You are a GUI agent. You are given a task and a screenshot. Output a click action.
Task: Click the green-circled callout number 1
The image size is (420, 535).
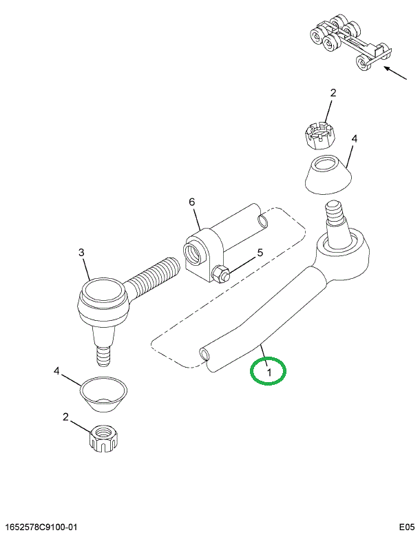tap(269, 373)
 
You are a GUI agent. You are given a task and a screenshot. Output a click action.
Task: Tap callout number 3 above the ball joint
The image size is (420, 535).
tap(81, 253)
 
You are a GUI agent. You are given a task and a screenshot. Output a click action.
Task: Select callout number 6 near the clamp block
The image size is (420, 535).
tap(191, 202)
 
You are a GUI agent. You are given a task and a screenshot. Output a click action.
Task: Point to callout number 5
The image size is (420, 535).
tap(260, 253)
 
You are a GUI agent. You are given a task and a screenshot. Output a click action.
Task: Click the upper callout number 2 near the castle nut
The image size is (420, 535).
tap(333, 93)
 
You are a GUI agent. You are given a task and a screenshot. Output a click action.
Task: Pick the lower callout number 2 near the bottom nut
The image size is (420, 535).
tap(65, 417)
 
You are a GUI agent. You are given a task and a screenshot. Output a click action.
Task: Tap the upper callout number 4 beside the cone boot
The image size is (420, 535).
tap(355, 139)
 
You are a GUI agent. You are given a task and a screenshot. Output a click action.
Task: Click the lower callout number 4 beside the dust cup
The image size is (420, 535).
tap(56, 371)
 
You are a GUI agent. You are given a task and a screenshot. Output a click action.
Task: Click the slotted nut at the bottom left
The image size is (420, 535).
tap(103, 439)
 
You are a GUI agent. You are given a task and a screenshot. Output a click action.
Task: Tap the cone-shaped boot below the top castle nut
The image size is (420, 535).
tap(328, 175)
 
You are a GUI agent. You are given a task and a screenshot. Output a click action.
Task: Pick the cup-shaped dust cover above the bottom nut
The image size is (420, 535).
tap(104, 394)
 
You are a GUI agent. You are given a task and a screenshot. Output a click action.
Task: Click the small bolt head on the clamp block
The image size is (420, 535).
tap(220, 273)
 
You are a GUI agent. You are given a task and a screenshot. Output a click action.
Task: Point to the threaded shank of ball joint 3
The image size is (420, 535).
tap(152, 275)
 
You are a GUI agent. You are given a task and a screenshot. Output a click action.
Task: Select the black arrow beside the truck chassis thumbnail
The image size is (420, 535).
tap(396, 73)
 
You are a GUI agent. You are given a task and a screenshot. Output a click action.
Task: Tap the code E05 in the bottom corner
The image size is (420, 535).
tap(407, 527)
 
